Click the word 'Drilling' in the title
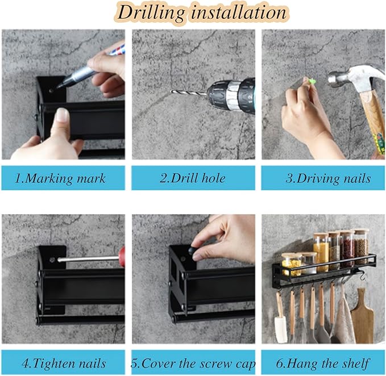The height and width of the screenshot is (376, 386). coord(151,13)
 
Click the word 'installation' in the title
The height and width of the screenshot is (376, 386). coord(239,12)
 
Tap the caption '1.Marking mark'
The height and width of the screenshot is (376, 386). coord(60,178)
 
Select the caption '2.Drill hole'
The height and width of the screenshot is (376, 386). coord(193,178)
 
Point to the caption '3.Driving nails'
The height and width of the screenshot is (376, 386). coord(328,178)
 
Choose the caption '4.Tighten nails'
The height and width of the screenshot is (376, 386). coord(64,363)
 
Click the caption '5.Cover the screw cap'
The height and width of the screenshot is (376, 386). coord(193,364)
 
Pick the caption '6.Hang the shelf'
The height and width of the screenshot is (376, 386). coord(323,364)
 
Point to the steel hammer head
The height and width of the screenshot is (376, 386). coord(355,76)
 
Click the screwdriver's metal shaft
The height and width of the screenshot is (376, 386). coord(88,258)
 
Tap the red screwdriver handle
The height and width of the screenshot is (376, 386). coord(122,257)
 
